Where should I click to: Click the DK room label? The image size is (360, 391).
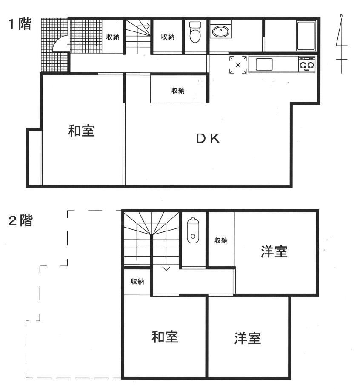click(x=208, y=139)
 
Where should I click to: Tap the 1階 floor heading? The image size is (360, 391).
click(x=20, y=24)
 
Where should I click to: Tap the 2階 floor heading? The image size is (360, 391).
click(x=20, y=220)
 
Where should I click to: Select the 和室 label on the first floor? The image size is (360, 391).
click(x=81, y=131)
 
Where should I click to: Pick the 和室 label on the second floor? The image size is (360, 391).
click(x=165, y=337)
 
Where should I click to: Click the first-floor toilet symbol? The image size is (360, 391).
click(x=195, y=32)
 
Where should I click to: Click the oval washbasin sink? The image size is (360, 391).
click(x=220, y=31)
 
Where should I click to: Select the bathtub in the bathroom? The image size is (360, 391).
click(x=306, y=36)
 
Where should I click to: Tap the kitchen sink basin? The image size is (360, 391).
click(x=264, y=64)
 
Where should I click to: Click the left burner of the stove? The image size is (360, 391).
click(x=303, y=65)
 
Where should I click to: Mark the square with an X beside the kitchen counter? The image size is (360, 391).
click(x=238, y=65)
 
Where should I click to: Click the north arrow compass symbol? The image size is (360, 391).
click(x=341, y=44)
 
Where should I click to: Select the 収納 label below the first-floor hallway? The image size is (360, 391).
click(x=178, y=91)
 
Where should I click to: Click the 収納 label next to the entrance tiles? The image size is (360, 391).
click(x=113, y=37)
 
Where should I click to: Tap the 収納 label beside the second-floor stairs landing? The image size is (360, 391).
click(x=137, y=282)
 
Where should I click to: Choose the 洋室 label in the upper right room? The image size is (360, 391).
click(x=274, y=251)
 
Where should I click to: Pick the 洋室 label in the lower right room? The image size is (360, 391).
click(x=248, y=338)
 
